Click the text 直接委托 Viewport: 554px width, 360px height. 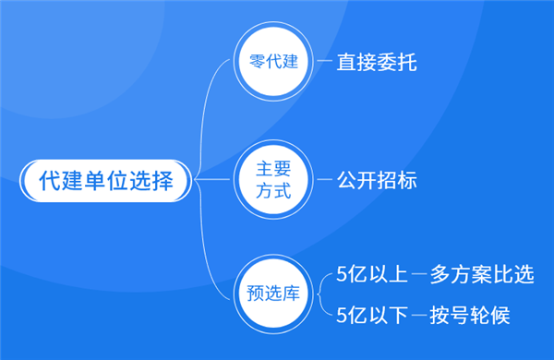pyautogui.click(x=373, y=66)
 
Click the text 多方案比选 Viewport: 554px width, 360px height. pyautogui.click(x=482, y=276)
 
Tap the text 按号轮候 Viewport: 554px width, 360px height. pyautogui.click(x=470, y=315)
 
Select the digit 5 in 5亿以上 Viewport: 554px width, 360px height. pyautogui.click(x=342, y=276)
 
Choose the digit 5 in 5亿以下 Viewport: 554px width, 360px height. pyautogui.click(x=342, y=315)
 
